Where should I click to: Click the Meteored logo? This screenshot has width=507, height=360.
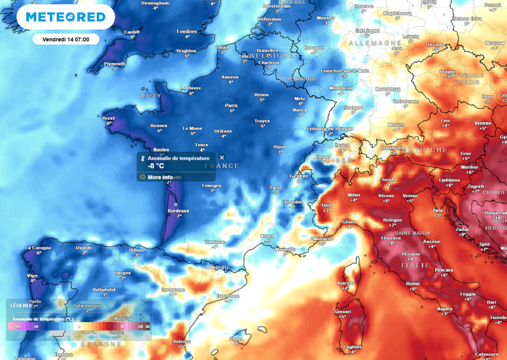click(65, 17)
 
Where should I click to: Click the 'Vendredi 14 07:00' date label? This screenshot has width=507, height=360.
click(66, 39)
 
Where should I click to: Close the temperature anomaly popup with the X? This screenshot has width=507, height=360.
click(222, 157)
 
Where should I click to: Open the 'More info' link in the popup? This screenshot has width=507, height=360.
click(160, 177)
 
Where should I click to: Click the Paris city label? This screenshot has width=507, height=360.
click(231, 105)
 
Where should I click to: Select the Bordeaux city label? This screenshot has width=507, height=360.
click(179, 211)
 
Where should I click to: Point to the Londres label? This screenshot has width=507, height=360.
click(187, 32)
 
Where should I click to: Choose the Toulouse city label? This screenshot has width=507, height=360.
click(214, 242)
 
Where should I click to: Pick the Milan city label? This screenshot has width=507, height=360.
click(354, 195)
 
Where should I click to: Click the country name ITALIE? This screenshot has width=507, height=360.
click(415, 265)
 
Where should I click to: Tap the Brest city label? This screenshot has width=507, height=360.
click(108, 118)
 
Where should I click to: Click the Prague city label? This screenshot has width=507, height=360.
click(447, 71)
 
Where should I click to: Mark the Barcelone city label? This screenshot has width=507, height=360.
click(228, 296)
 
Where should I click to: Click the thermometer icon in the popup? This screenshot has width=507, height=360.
click(142, 158)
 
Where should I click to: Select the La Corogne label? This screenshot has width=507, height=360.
click(38, 248)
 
